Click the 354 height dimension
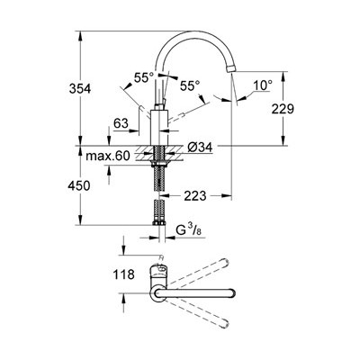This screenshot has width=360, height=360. (x=80, y=89)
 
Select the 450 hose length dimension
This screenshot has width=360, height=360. (x=79, y=186)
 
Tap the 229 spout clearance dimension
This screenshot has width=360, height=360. (x=283, y=109)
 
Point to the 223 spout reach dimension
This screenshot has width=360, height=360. (x=195, y=196)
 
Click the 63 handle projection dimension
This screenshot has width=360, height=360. (x=121, y=123)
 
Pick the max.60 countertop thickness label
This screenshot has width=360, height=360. (x=108, y=156)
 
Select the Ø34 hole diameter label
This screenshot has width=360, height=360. (x=200, y=147)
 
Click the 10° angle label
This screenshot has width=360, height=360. (x=263, y=85)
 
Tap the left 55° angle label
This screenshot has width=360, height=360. (x=144, y=78)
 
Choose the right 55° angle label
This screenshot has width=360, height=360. (x=190, y=86)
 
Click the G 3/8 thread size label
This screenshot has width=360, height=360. (x=188, y=230)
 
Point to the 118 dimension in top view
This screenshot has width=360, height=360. (x=123, y=274)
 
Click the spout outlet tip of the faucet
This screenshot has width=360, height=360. (x=230, y=69)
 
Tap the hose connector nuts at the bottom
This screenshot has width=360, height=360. (x=159, y=223)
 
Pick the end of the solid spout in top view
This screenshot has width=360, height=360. (x=233, y=293)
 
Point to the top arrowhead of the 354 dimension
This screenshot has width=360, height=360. (x=80, y=36)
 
